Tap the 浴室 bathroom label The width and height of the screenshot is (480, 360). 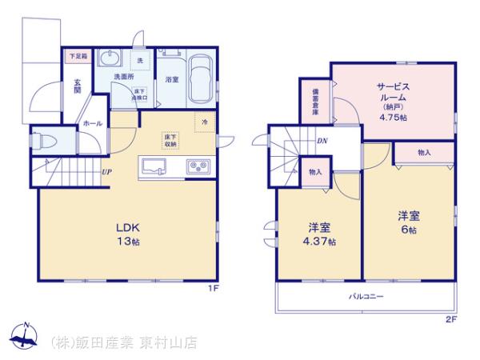tap(172, 80)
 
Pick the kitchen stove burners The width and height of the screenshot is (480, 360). tap(198, 167)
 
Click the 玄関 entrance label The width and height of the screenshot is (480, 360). tap(78, 85)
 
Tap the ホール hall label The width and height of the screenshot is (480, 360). tap(92, 124)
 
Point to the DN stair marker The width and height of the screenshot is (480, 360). tap(322, 141)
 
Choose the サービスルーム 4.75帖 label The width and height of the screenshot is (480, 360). tap(392, 99)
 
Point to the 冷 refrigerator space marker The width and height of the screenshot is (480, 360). tap(204, 122)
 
